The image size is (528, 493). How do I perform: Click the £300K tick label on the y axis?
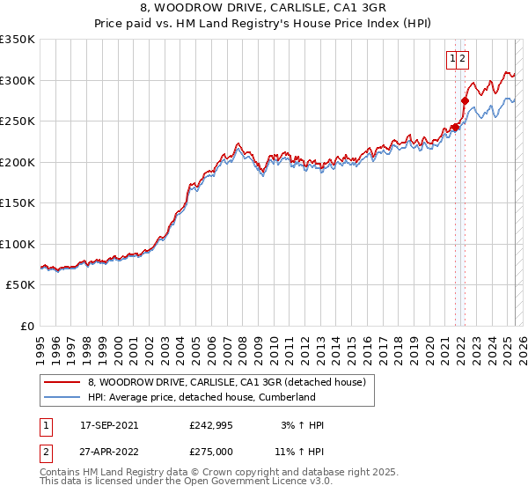click(x=18, y=80)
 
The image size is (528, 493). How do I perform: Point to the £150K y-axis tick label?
click(x=18, y=203)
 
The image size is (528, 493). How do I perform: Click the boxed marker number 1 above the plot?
click(x=453, y=59)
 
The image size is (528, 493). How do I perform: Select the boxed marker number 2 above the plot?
click(x=463, y=59)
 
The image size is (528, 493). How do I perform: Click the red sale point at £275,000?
click(x=465, y=101)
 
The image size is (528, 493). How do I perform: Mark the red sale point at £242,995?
click(x=455, y=128)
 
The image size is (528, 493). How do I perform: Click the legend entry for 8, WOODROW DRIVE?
click(x=232, y=382)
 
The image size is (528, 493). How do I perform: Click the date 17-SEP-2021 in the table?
click(x=109, y=425)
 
